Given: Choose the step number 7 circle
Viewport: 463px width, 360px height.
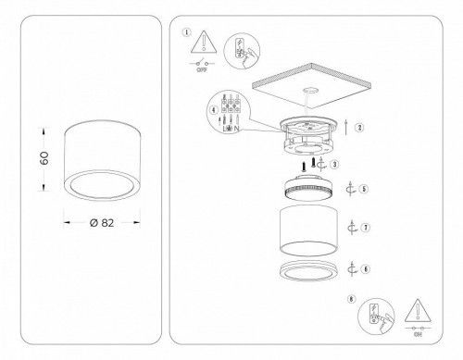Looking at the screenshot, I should tap(367, 227).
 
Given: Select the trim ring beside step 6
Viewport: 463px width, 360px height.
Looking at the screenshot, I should tap(307, 270).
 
